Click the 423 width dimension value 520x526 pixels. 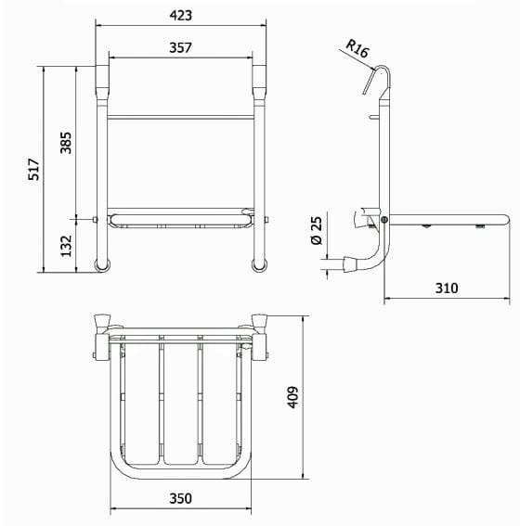(180, 16)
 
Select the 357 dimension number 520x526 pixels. (180, 47)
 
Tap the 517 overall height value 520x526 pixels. (34, 169)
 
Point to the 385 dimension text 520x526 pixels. (66, 143)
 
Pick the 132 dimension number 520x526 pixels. (66, 246)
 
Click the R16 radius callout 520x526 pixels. (357, 48)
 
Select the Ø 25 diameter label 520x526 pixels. (317, 230)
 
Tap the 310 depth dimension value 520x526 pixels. (447, 289)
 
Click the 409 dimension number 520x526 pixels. (292, 397)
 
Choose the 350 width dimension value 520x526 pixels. (180, 498)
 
